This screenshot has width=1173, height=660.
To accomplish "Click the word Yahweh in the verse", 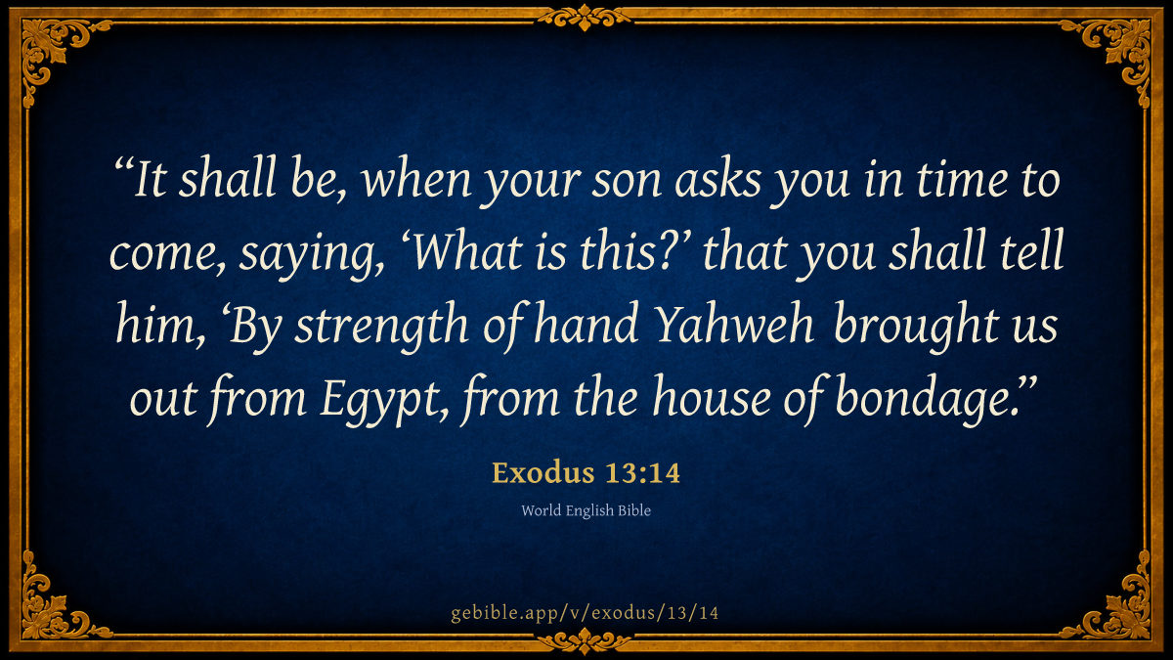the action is [735, 324].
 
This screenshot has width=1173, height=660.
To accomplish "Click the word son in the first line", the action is [626, 181].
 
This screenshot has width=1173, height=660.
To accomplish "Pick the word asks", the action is [717, 178].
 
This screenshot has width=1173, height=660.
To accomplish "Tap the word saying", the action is [309, 255].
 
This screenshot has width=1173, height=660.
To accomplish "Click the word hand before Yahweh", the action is [586, 324].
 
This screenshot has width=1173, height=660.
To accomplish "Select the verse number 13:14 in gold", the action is [642, 473].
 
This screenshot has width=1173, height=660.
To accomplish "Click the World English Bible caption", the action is [586, 510].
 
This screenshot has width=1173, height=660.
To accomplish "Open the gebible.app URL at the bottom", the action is [585, 613].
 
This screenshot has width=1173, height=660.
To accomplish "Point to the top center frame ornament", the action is [585, 18].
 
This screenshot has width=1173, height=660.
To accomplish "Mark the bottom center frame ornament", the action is [585, 641].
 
